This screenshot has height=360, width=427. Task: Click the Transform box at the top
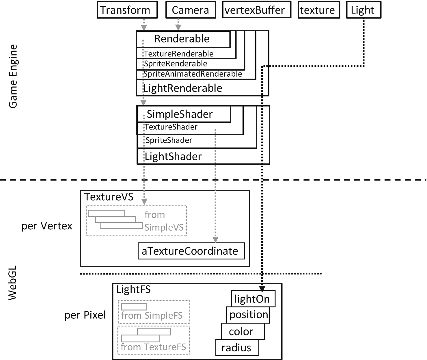pos(127,10)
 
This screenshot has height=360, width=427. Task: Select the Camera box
pos(191,10)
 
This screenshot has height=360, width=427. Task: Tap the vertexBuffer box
pos(257,10)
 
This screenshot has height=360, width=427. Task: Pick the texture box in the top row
pos(319,10)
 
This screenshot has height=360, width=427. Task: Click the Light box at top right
pos(363,10)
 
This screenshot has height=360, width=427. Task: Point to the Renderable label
pos(182,39)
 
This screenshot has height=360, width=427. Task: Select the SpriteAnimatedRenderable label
pos(193,74)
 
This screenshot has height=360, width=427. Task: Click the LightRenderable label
pos(183,88)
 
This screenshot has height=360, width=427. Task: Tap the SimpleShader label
pos(180,114)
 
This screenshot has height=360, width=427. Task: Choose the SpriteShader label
pos(169,140)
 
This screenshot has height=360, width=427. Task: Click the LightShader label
pos(173,157)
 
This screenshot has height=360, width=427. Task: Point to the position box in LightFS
pos(248,315)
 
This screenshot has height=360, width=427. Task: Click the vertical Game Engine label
pos(13,77)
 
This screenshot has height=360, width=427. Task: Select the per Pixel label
pos(85,315)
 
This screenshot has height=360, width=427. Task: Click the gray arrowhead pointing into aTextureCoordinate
pos(215,240)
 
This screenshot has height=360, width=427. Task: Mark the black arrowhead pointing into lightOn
pos(262,289)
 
